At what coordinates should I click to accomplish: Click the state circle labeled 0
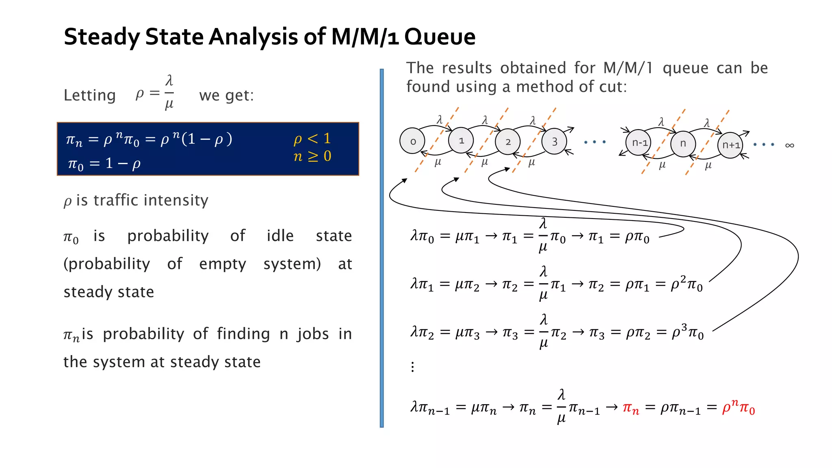pyautogui.click(x=412, y=141)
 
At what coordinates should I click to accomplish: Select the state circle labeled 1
pyautogui.click(x=461, y=141)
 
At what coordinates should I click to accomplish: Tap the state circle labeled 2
pyautogui.click(x=508, y=141)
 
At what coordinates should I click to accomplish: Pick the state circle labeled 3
pyautogui.click(x=555, y=141)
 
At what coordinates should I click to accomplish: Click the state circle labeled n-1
pyautogui.click(x=639, y=143)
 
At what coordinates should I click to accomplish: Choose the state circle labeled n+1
pyautogui.click(x=730, y=145)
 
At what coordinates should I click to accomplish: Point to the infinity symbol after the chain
pyautogui.click(x=789, y=145)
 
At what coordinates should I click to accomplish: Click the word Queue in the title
pyautogui.click(x=440, y=37)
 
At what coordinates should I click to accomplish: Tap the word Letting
pyautogui.click(x=90, y=95)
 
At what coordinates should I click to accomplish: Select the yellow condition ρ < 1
pyautogui.click(x=312, y=139)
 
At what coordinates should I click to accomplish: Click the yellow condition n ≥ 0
pyautogui.click(x=312, y=156)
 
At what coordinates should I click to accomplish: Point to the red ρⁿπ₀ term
pyautogui.click(x=738, y=407)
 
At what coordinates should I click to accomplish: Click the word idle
pyautogui.click(x=280, y=236)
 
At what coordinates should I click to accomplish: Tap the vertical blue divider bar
pyautogui.click(x=381, y=248)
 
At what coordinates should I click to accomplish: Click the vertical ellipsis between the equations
pyautogui.click(x=413, y=367)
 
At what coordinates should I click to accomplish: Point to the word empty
pyautogui.click(x=222, y=264)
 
